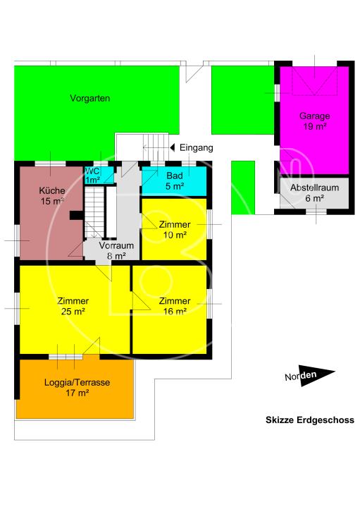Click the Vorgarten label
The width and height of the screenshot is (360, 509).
pos(90,99)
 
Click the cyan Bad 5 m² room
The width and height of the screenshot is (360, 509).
pos(174,180)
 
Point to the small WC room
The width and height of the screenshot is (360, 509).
pos(92,176)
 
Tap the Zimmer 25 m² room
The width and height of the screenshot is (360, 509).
pos(73,307)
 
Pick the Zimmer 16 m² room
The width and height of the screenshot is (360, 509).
pos(171,307)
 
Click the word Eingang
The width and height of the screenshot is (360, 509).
pos(196,148)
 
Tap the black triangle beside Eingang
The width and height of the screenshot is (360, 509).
pos(172,148)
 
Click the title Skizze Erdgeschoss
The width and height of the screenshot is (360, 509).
pos(309,420)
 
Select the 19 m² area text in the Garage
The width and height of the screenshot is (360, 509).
pos(314,127)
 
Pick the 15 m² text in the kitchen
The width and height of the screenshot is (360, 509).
pos(52,202)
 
